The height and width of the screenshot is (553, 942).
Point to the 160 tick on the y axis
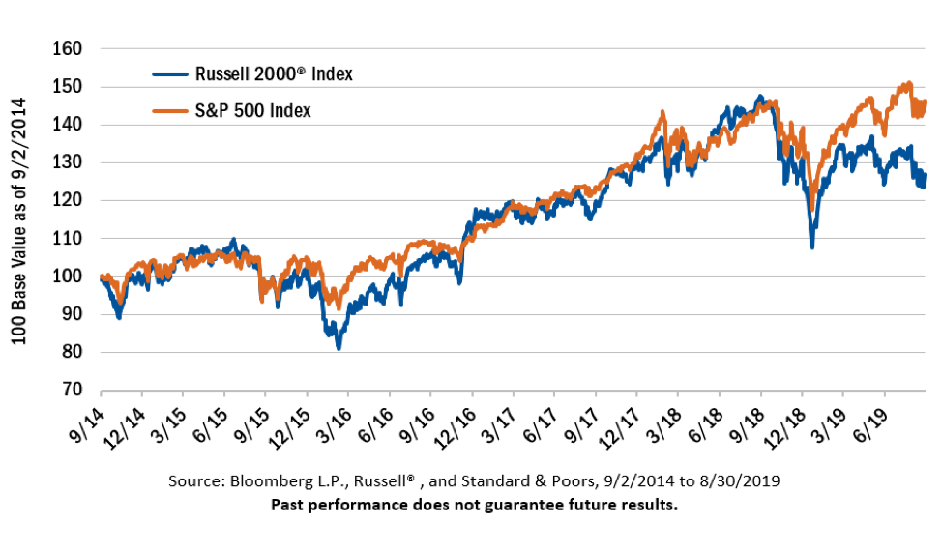pyautogui.click(x=69, y=48)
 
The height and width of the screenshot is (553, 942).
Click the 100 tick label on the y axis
pyautogui.click(x=69, y=276)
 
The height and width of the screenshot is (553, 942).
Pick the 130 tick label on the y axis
pyautogui.click(x=69, y=162)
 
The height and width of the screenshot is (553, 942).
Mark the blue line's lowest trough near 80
pyautogui.click(x=339, y=347)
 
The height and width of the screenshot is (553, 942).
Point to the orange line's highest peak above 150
pyautogui.click(x=907, y=83)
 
